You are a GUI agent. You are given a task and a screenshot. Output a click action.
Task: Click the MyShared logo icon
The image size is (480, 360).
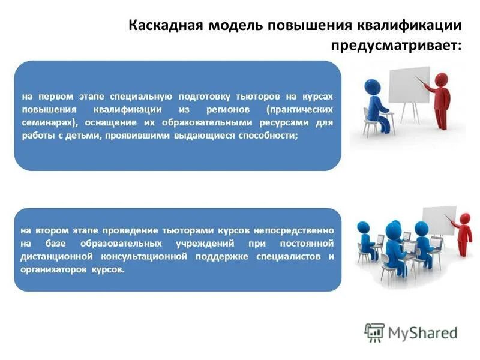tap(374, 332)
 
